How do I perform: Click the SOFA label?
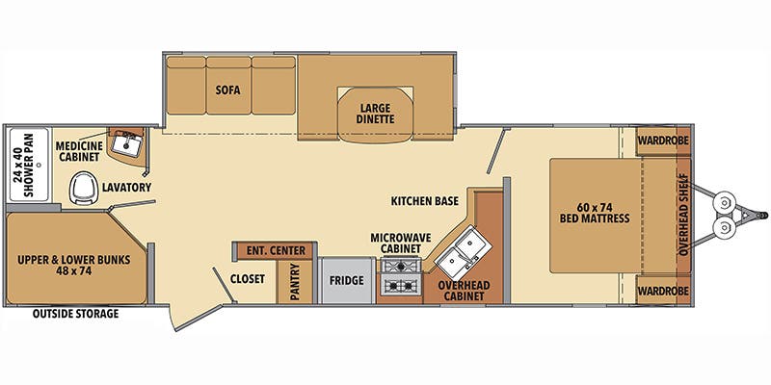[227, 90]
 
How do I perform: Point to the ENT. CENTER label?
[276, 251]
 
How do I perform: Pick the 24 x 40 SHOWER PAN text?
[23, 169]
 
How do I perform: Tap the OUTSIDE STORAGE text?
[75, 314]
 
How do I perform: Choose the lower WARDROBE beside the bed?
[660, 289]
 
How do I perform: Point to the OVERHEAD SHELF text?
[682, 214]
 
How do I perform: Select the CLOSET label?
[247, 279]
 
